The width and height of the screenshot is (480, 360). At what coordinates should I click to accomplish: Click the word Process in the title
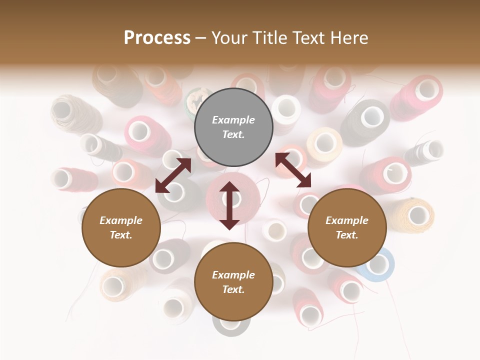(157, 38)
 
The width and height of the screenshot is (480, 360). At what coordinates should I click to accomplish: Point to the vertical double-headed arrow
(229, 205)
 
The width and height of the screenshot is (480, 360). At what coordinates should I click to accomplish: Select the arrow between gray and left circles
(173, 175)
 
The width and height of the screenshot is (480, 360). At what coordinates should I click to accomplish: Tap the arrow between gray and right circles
(293, 170)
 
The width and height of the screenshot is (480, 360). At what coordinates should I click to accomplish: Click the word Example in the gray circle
(233, 120)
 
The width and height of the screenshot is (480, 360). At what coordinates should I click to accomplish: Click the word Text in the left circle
(121, 235)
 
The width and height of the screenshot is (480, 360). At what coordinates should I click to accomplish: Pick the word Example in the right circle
(347, 220)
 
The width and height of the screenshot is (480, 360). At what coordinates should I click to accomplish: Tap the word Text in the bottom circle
(233, 289)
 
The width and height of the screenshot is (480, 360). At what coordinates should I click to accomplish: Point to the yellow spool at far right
(413, 215)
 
